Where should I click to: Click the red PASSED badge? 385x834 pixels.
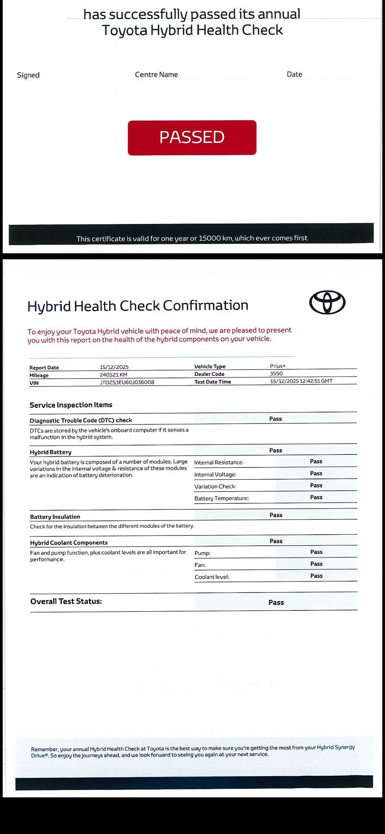[x=192, y=138]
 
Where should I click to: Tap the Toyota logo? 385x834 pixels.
[x=327, y=303]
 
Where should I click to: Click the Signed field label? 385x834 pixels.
[x=28, y=75]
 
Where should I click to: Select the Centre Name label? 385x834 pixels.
[x=156, y=75]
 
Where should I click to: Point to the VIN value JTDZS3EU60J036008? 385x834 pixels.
[x=127, y=382]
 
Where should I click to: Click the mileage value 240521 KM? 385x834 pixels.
[x=114, y=375]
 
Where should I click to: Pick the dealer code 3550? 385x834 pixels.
[x=276, y=373]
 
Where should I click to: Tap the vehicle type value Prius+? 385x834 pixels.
[x=278, y=366]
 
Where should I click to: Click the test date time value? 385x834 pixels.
[x=301, y=381]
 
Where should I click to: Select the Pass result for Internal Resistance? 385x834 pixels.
[x=316, y=461]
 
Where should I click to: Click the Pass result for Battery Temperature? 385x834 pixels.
[x=316, y=497]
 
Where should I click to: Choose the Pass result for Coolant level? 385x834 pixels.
[x=316, y=576]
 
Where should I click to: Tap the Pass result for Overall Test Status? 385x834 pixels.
[x=276, y=602]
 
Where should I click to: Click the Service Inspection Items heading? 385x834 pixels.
[x=71, y=405]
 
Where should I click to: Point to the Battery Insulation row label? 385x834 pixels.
[x=55, y=517]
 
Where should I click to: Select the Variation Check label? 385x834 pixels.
[x=215, y=486]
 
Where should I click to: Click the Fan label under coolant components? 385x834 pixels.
[x=200, y=565]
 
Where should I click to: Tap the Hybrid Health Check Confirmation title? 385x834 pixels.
[x=138, y=305]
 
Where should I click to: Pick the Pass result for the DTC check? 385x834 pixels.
[x=276, y=419]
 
